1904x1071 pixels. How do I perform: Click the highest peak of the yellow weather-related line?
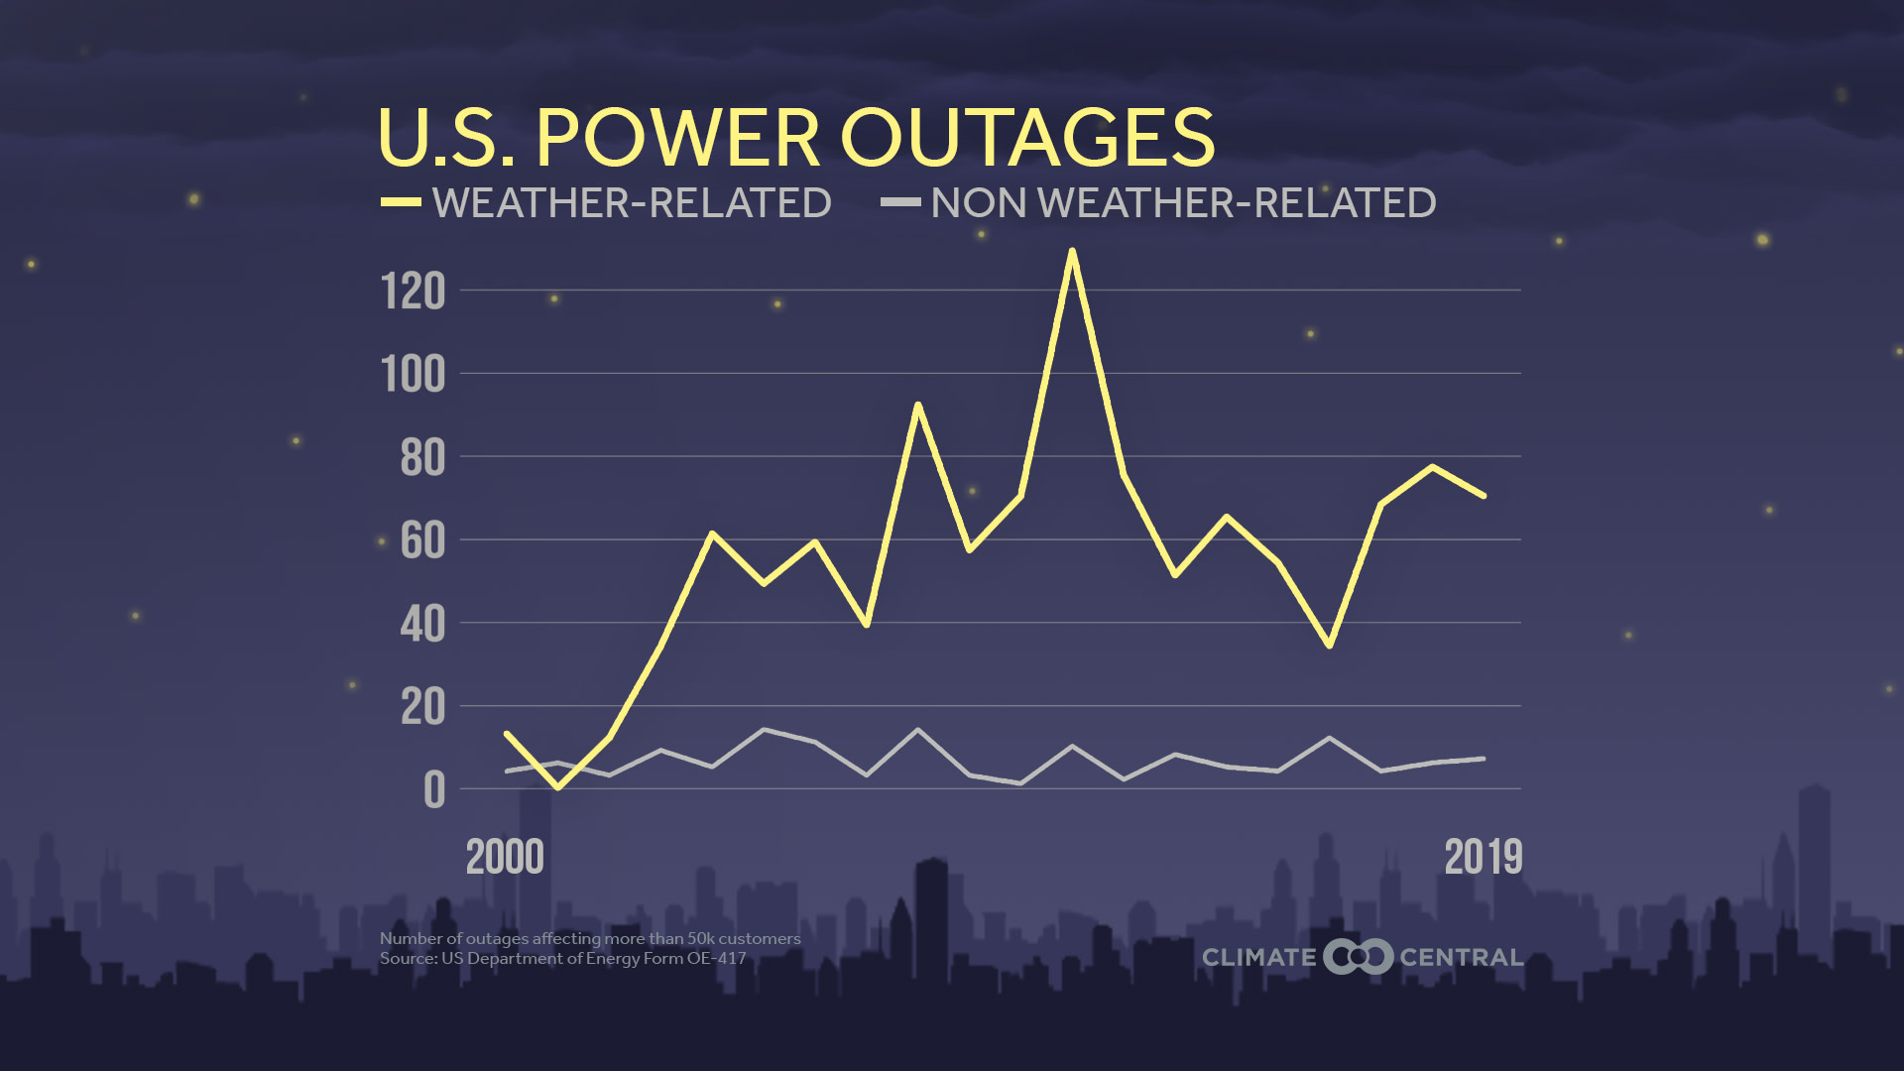(x=1071, y=251)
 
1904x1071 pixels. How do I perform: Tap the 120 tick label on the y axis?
(x=413, y=293)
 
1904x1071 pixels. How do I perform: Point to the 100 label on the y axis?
(x=413, y=376)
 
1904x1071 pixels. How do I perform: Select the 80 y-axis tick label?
(x=422, y=459)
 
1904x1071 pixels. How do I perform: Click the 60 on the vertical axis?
(x=422, y=542)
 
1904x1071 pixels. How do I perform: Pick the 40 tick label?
(x=422, y=626)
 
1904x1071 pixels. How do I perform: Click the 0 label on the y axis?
(x=434, y=791)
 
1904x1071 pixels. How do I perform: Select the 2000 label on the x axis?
(x=505, y=858)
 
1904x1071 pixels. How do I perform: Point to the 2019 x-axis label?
(x=1483, y=858)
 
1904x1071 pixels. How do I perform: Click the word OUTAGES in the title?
(x=1027, y=138)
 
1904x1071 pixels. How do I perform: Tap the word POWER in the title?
(x=678, y=138)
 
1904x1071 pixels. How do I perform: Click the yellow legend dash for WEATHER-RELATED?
(x=401, y=202)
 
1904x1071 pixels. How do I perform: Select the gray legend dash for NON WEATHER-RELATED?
(x=900, y=202)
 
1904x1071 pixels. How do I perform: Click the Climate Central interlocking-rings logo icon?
(x=1358, y=957)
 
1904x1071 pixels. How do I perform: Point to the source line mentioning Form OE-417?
(x=562, y=959)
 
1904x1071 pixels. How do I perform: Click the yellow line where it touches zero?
(x=557, y=787)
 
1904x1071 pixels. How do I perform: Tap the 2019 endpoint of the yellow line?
(x=1483, y=495)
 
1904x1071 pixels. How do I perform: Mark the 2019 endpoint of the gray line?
(x=1483, y=759)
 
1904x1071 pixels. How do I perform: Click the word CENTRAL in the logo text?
(x=1461, y=958)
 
